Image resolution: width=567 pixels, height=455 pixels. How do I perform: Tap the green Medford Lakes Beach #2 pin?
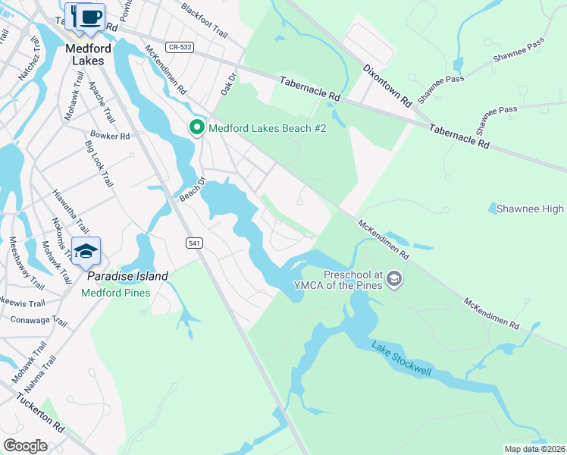tap(197, 127)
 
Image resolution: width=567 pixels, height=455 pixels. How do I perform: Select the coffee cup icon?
tap(90, 17)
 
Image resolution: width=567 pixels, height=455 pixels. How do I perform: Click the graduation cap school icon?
tap(86, 251)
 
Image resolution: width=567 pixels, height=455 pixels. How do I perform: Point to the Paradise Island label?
tap(127, 276)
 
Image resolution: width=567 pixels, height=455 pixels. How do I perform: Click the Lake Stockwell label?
tap(401, 359)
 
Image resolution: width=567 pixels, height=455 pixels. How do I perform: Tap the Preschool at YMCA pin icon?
tap(393, 280)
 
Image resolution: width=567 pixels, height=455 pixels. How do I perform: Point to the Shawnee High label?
tap(531, 209)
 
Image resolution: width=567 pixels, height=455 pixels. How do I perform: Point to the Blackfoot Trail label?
tap(205, 19)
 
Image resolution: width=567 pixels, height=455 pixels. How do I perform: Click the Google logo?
tap(25, 446)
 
